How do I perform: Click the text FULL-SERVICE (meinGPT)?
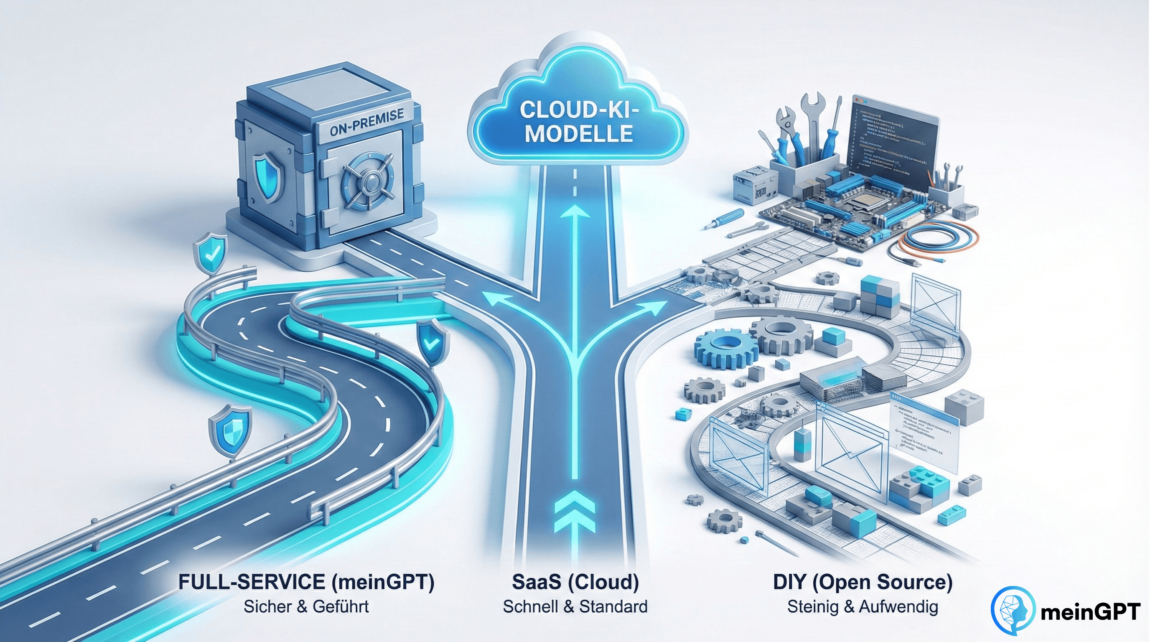306,582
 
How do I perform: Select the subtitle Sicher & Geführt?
306,607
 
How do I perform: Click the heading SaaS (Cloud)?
575,582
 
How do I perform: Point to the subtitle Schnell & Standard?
575,607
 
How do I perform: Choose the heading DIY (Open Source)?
862,582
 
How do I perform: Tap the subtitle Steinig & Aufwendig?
862,607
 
